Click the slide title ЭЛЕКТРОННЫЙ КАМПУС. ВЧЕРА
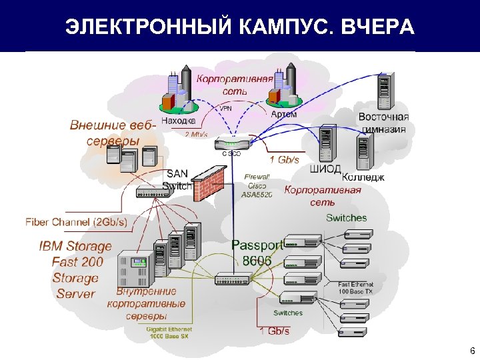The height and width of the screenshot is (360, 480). (239, 27)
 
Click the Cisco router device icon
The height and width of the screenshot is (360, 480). (232, 143)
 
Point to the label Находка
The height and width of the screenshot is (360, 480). (178, 121)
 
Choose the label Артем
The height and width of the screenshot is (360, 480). (284, 114)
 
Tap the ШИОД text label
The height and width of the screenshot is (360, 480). (326, 169)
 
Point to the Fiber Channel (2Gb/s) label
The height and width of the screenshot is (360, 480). (76, 222)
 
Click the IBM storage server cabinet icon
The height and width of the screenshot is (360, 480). (134, 270)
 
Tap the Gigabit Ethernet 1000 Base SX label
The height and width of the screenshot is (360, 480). (169, 333)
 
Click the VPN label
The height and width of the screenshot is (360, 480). (226, 107)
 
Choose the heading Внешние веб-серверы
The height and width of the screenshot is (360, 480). (113, 133)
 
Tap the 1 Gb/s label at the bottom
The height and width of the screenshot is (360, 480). (274, 331)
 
